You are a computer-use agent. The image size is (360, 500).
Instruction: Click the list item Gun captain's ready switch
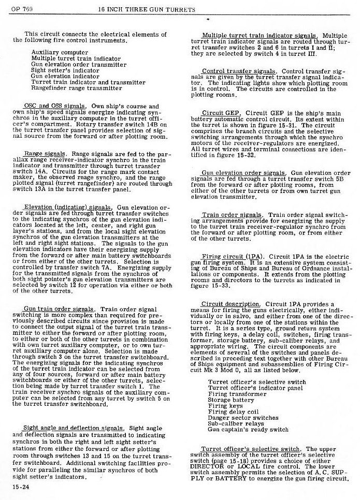point(248,429)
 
